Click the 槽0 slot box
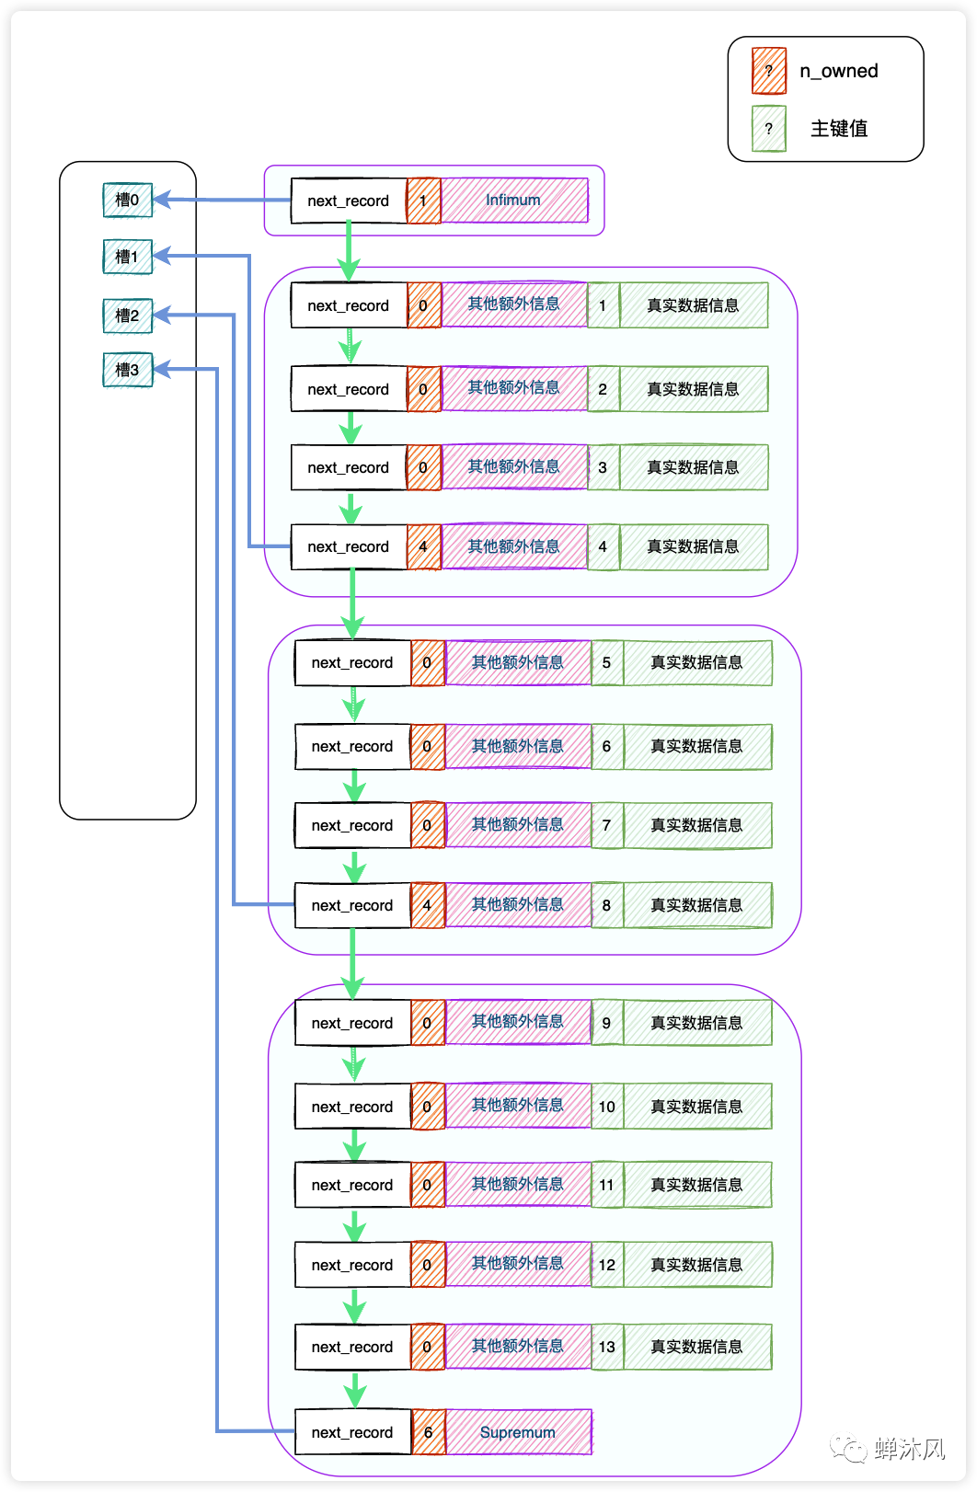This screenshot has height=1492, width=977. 127,200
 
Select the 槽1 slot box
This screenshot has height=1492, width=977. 127,257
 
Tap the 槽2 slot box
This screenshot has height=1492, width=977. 127,316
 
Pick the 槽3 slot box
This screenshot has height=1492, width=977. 127,370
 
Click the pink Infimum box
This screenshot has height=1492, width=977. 514,201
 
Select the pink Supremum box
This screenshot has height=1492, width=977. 518,1432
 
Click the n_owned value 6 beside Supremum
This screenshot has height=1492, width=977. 429,1432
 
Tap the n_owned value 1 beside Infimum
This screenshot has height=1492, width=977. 423,201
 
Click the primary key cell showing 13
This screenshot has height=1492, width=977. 607,1347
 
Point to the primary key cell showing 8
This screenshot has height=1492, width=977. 607,905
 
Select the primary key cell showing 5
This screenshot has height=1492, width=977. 607,662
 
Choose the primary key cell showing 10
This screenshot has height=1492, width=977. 607,1107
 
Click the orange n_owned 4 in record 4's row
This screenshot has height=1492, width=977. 423,546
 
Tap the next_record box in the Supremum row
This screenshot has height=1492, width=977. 352,1432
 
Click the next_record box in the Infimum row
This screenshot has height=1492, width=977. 349,201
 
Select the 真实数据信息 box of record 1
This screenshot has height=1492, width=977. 694,305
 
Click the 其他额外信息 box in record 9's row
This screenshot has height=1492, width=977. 518,1022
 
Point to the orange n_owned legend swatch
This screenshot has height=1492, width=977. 769,71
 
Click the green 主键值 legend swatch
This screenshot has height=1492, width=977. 769,129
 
